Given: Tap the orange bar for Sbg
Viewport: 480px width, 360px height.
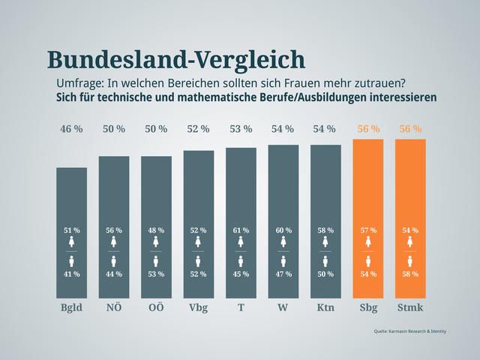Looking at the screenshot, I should [367, 195].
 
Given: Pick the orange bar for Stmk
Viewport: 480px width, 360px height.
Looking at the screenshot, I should [410, 195].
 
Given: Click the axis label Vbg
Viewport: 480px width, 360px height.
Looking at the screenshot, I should [198, 308].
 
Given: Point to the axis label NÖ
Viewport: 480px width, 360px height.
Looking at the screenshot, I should [114, 308].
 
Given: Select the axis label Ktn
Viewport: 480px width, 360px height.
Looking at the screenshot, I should [325, 308].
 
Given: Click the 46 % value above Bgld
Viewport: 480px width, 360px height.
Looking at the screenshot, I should [71, 129].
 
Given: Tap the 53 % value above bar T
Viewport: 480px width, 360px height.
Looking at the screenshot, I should [241, 129].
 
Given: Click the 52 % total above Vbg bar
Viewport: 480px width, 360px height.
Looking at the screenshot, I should [198, 129].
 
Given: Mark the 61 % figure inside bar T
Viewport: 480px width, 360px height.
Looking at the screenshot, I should [241, 230].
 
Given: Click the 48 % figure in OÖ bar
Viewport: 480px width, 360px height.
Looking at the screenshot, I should [156, 230].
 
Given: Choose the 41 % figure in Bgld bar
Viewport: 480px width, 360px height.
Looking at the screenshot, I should [71, 274].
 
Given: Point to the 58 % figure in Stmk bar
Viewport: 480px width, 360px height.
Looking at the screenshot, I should [410, 274].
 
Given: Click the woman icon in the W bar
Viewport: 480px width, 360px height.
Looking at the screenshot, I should [283, 242].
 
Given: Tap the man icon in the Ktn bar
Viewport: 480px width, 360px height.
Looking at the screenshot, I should [325, 261].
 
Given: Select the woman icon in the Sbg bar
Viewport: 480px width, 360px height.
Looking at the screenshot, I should [367, 242].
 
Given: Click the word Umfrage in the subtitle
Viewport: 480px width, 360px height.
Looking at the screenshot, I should [78, 82].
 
